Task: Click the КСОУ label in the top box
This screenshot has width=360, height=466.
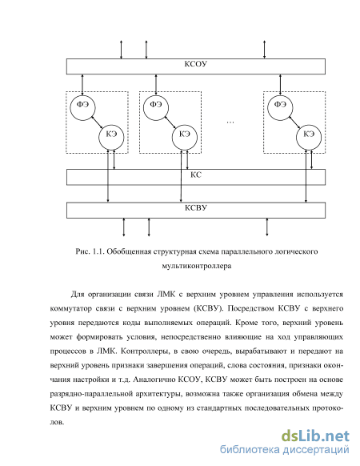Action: pos(195,64)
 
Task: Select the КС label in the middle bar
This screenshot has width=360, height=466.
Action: pos(196,175)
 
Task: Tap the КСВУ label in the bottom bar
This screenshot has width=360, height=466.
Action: pos(195,207)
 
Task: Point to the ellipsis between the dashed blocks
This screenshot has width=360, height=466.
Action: pos(230,123)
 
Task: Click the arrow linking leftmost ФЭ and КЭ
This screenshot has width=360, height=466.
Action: pos(97,123)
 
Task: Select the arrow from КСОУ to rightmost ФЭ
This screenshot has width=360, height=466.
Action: pos(280,84)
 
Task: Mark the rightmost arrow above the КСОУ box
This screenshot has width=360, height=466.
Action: pos(264,50)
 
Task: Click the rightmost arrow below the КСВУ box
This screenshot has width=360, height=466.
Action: pos(266,227)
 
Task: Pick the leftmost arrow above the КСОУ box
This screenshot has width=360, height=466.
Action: pos(121,50)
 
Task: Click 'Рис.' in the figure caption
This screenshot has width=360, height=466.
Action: pos(82,251)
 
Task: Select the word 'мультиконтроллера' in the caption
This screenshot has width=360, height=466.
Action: pos(197,266)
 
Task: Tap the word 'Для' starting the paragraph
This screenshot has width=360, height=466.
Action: pos(78,294)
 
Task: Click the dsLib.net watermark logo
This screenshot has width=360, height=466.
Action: pos(315,436)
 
